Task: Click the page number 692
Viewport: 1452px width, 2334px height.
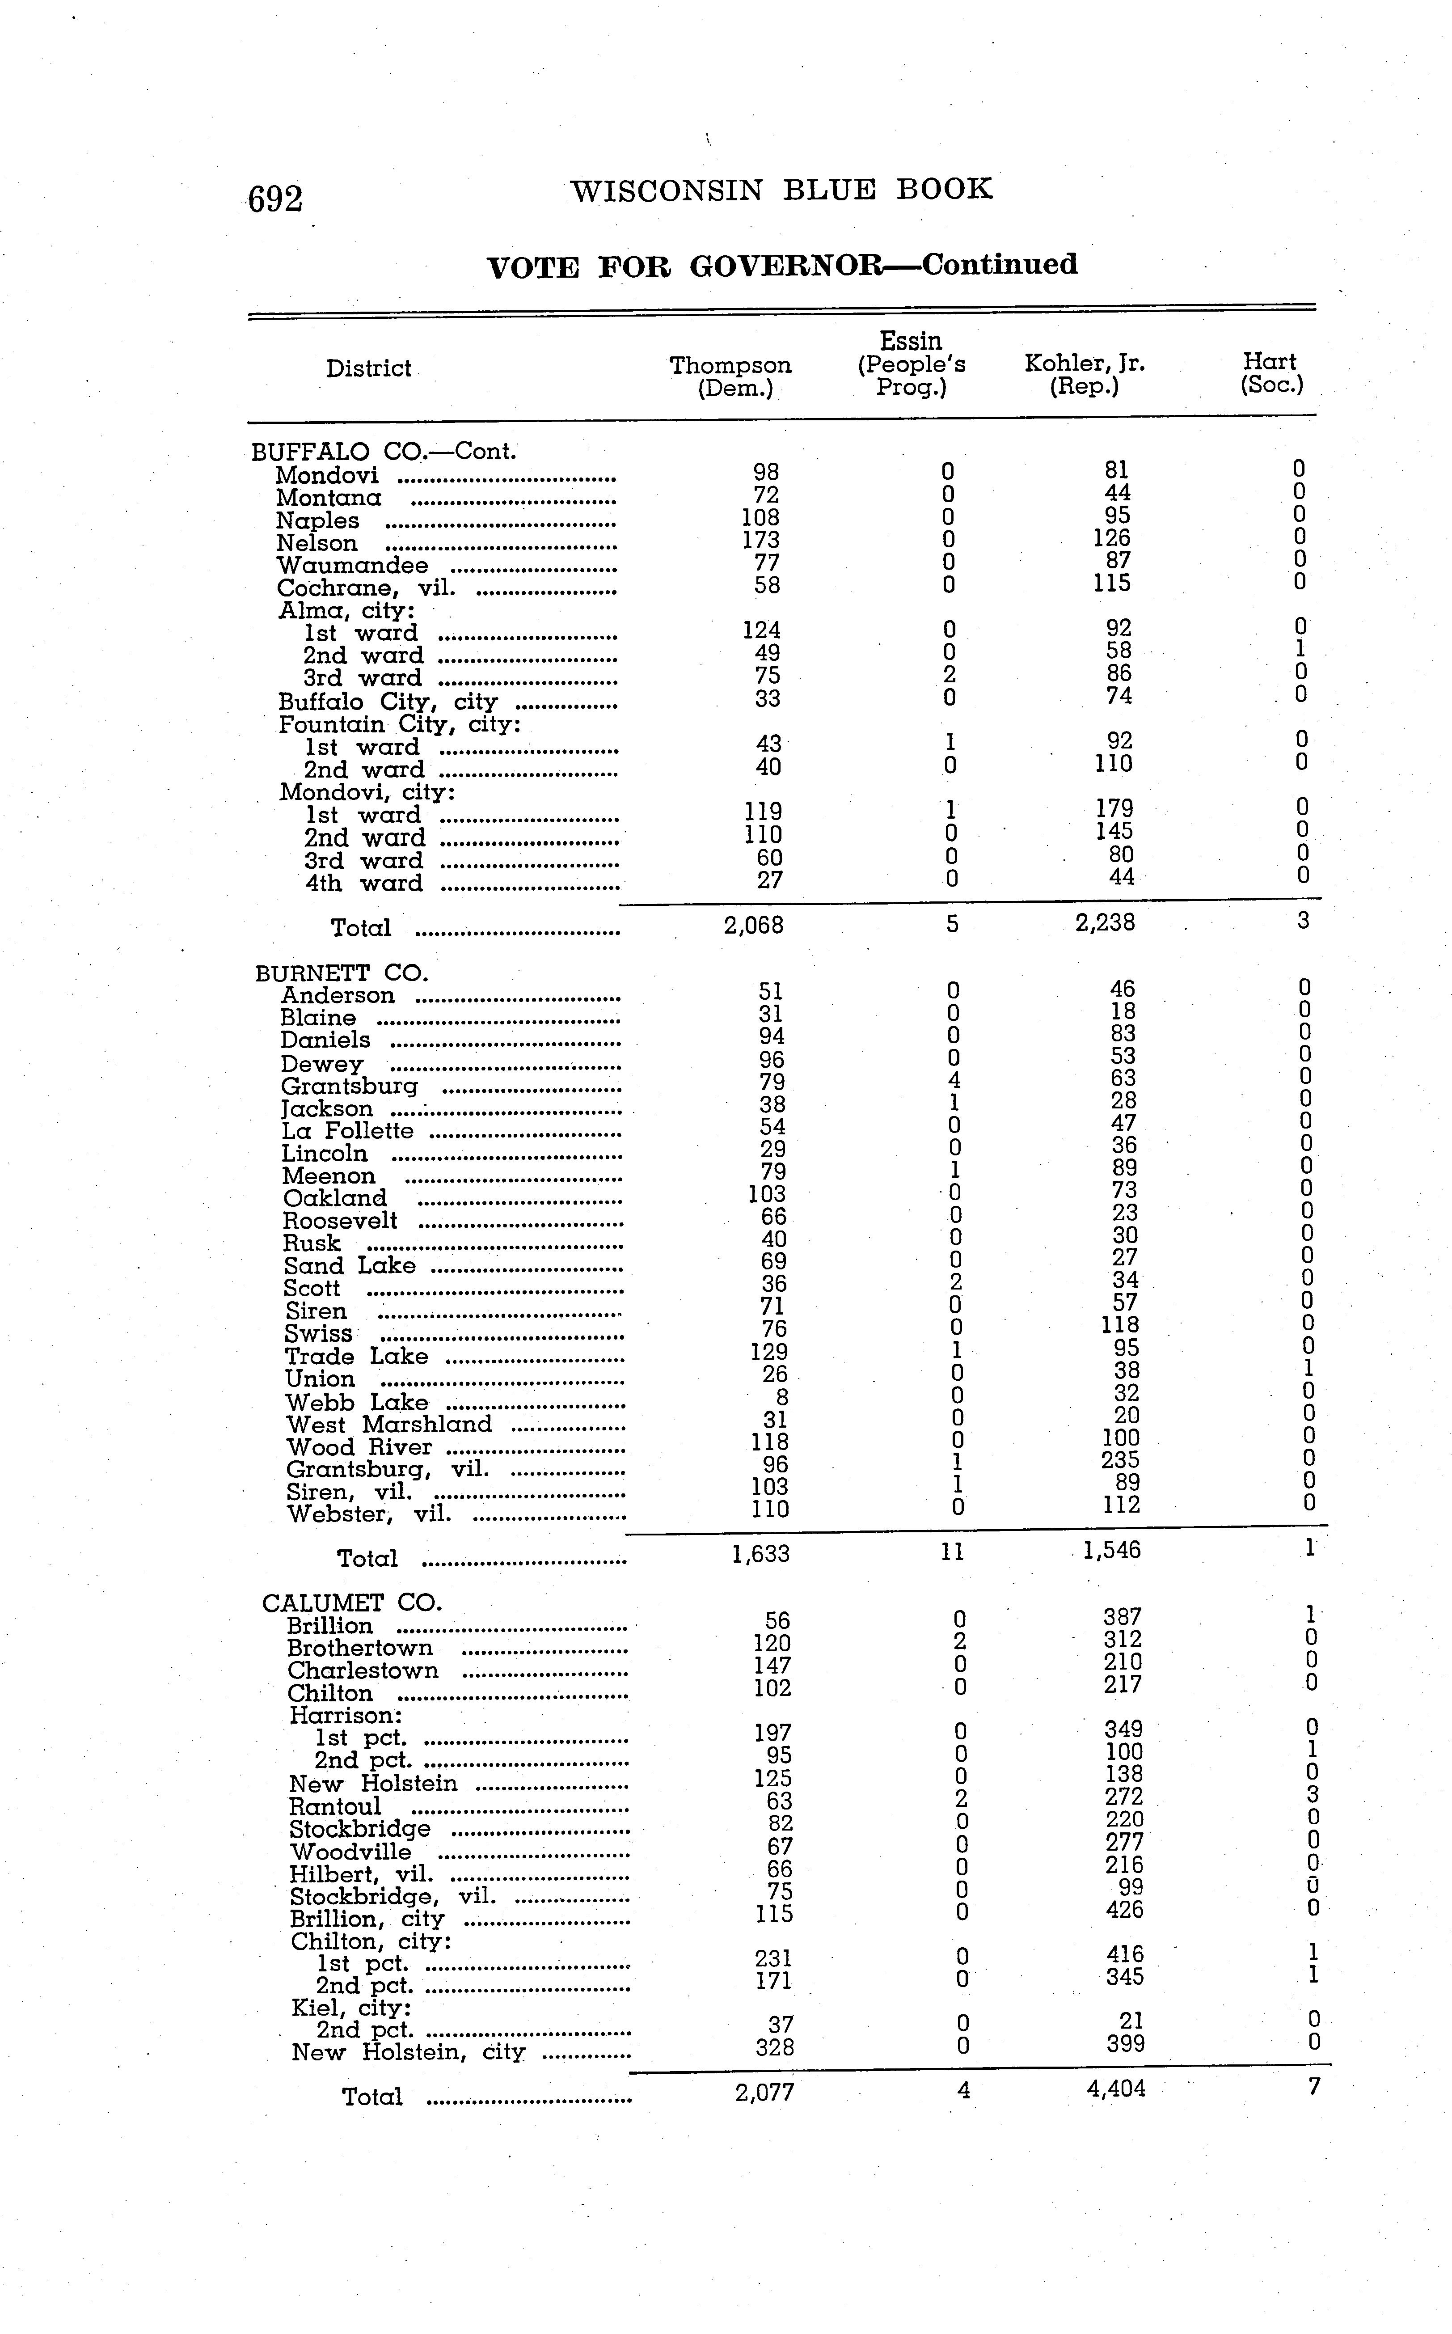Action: (x=276, y=199)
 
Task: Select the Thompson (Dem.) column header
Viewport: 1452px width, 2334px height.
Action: (x=731, y=376)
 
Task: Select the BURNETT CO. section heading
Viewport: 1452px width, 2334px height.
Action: (x=341, y=973)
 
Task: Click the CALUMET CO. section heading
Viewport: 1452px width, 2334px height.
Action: (x=351, y=1603)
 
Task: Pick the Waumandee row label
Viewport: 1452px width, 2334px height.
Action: (x=352, y=566)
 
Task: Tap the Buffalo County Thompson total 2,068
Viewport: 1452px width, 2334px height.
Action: (x=754, y=925)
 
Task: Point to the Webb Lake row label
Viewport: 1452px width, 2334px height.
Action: (x=356, y=1402)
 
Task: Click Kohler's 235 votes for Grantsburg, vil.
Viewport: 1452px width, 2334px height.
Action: (x=1120, y=1461)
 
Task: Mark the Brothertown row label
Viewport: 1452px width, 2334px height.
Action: (x=360, y=1648)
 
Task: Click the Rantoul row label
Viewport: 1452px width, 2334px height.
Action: (x=335, y=1807)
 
